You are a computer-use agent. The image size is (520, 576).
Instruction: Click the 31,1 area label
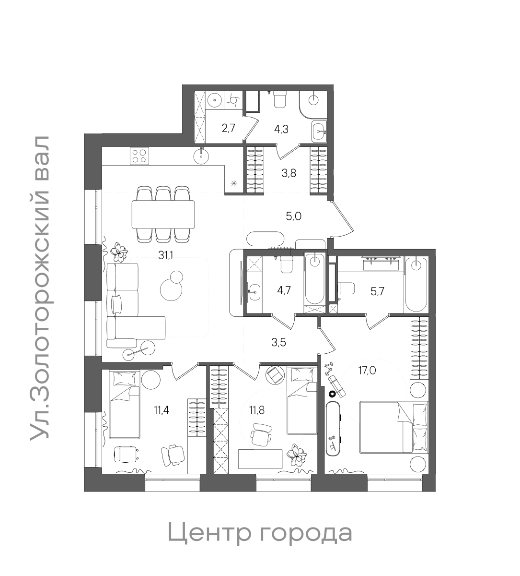[166, 255]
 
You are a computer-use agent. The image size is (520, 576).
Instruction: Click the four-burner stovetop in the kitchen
[139, 155]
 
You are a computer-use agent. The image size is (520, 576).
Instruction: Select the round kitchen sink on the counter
[202, 155]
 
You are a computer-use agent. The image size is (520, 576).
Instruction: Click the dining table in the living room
[163, 214]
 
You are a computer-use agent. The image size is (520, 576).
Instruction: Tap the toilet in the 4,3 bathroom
[280, 100]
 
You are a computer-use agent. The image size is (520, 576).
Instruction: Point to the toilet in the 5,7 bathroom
[346, 288]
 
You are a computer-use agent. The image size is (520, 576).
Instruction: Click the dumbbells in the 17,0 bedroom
[329, 369]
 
